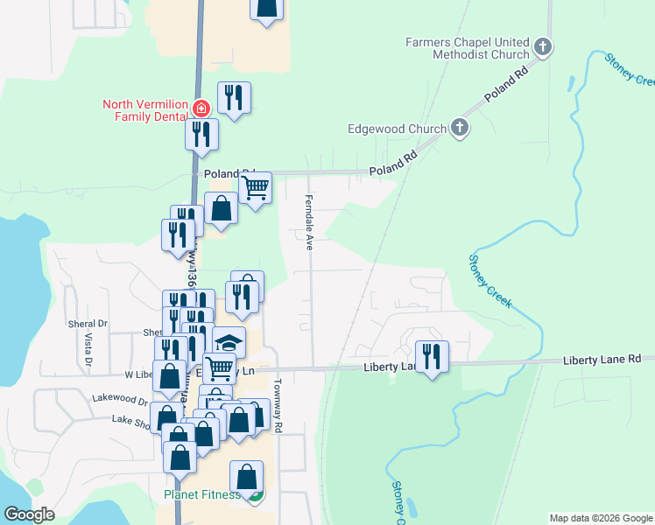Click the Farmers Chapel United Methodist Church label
[468, 47]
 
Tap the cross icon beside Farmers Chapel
[543, 47]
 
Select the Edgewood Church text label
[404, 129]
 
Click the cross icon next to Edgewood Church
[459, 129]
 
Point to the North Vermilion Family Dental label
[145, 109]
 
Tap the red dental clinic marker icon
[201, 108]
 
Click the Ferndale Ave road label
[308, 223]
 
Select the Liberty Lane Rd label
[602, 360]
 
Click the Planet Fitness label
[201, 495]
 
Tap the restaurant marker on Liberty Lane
[432, 357]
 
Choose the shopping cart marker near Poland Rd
[255, 187]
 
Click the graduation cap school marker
[229, 342]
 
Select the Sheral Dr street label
[87, 323]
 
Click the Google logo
[29, 514]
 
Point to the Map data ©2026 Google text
[600, 518]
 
